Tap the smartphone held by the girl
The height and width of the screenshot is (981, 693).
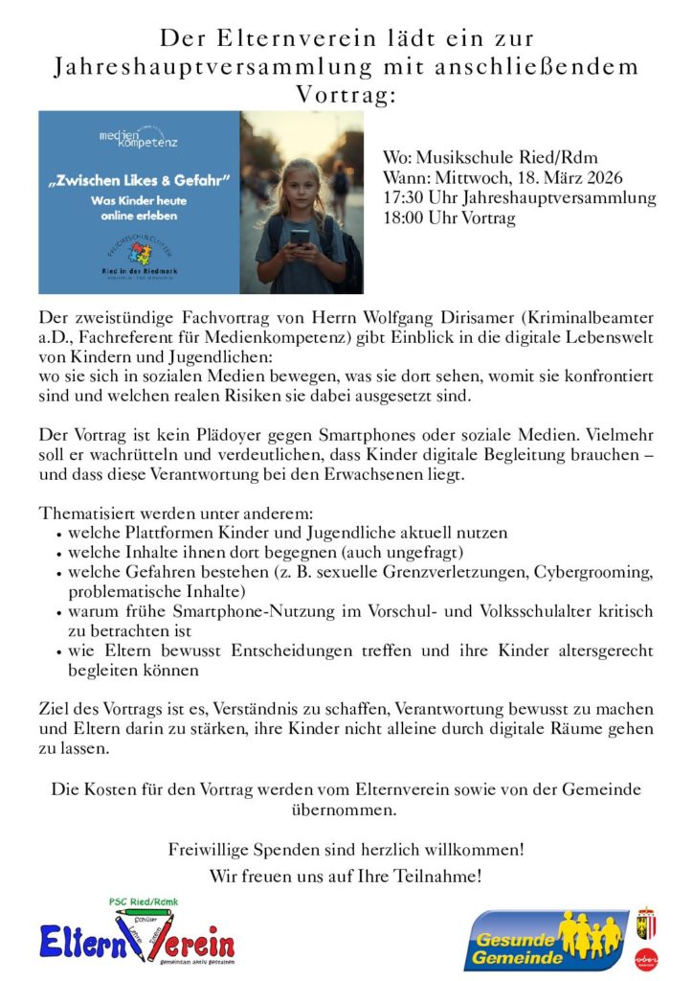tap(301, 236)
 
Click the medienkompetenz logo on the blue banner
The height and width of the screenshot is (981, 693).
tap(138, 140)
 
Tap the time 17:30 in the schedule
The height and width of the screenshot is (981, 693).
tap(401, 198)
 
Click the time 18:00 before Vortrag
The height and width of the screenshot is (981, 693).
tap(401, 218)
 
